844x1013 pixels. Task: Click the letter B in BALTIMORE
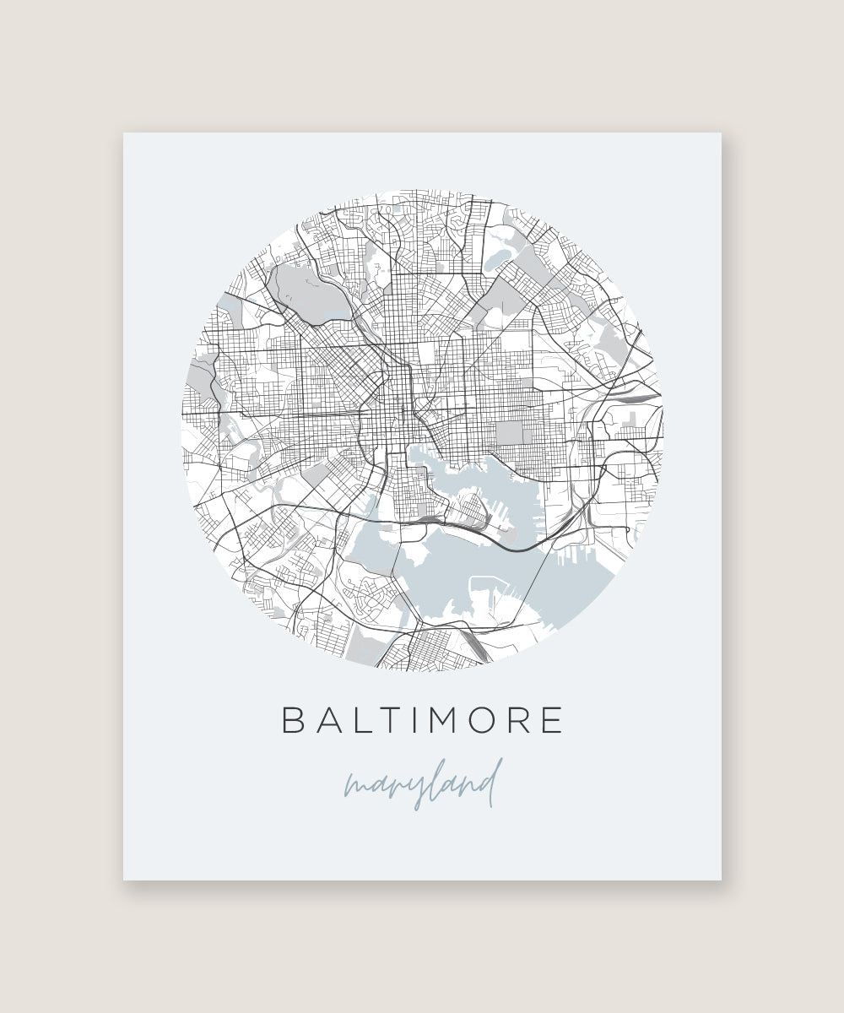(x=293, y=720)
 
